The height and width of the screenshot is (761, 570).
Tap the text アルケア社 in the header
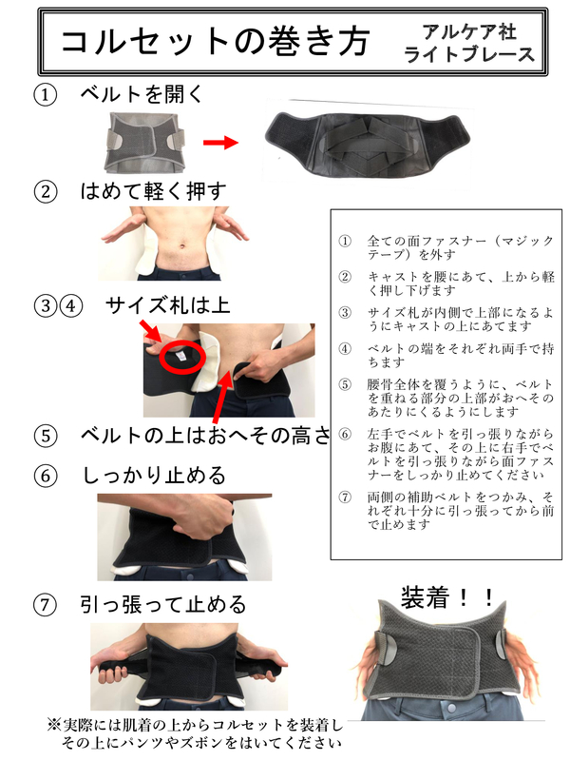point(469,32)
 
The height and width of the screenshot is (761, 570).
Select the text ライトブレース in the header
point(469,54)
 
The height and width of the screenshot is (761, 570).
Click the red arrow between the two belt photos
point(220,142)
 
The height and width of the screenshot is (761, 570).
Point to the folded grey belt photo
point(144,143)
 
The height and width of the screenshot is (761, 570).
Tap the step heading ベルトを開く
point(142,93)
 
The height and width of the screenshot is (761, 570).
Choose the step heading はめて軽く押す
point(153,191)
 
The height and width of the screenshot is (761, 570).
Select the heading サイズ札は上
point(167,305)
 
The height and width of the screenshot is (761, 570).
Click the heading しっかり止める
point(154,475)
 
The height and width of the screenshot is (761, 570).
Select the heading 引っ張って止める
point(163,605)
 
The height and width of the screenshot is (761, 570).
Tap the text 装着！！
point(446,597)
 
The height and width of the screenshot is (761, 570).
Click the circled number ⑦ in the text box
point(345,498)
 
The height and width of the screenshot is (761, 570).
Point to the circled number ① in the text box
point(345,242)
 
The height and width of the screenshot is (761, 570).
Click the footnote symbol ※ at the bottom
point(54,725)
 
